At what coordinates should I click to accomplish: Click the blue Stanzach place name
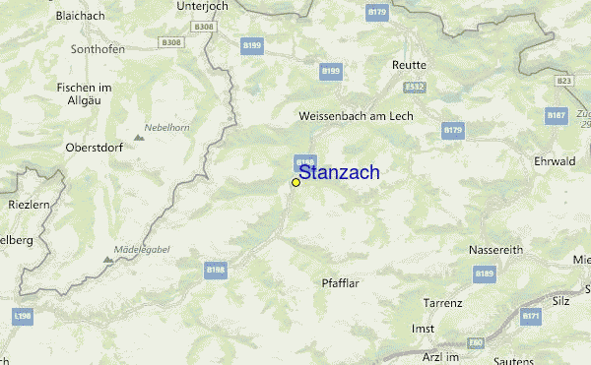(338, 173)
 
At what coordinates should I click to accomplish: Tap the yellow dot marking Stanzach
(295, 182)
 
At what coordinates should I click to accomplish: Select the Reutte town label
(409, 65)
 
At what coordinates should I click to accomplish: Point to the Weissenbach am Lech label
(356, 115)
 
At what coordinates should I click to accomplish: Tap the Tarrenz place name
(442, 302)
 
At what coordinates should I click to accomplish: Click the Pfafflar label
(344, 283)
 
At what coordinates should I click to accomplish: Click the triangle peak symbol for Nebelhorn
(138, 137)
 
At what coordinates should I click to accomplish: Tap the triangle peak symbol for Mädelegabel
(108, 260)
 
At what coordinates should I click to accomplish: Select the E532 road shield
(416, 87)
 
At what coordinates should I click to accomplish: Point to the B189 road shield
(483, 274)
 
